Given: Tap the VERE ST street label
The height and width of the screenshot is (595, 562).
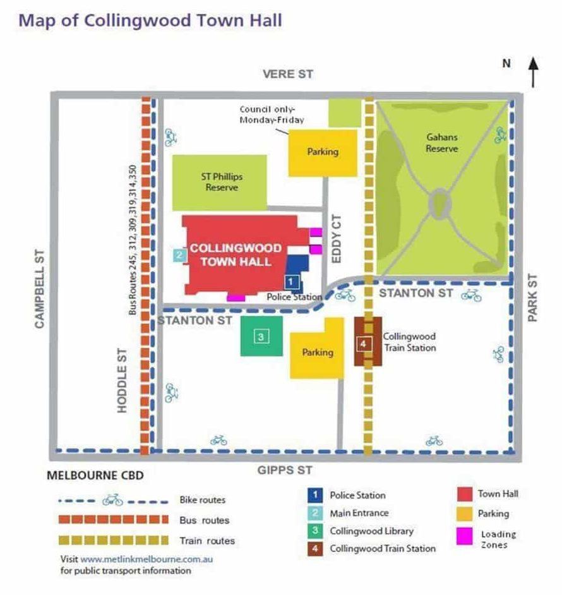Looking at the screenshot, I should click(x=288, y=75).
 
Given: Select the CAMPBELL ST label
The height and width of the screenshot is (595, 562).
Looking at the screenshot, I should click(x=40, y=288).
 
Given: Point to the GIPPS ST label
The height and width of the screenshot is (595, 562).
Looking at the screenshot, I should click(x=285, y=471).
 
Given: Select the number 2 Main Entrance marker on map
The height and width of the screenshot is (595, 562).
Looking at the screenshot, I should click(x=179, y=255).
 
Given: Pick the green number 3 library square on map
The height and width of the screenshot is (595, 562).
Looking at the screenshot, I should click(x=261, y=336).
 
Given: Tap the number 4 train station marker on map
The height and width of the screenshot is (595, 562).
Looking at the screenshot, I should click(x=363, y=344).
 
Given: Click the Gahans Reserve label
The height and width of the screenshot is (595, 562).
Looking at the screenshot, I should click(x=441, y=143).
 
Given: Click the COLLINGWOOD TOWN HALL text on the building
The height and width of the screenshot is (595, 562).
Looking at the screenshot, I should click(x=236, y=255).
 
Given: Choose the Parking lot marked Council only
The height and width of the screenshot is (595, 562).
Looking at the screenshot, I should click(x=323, y=152).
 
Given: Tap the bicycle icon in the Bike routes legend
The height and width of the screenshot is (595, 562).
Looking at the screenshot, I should click(x=112, y=500).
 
